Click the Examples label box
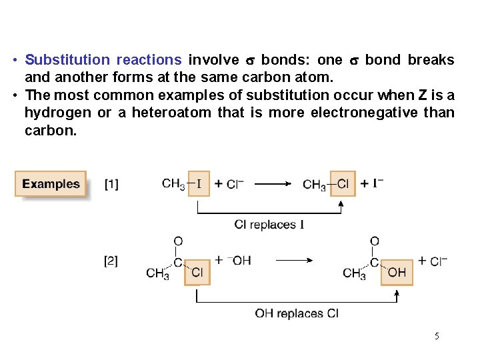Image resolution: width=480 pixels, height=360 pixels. (x=51, y=184)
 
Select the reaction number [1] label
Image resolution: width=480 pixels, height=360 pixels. (x=111, y=183)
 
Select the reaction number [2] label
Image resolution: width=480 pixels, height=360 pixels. (x=111, y=261)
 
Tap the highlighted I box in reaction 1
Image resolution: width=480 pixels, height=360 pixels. (x=199, y=183)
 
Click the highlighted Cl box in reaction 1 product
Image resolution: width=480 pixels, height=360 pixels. (x=343, y=183)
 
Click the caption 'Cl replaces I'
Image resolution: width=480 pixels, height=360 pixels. (x=269, y=225)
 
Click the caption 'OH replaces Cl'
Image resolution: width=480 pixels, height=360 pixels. (x=297, y=313)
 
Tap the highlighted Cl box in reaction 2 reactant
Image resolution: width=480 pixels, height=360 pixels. (x=197, y=272)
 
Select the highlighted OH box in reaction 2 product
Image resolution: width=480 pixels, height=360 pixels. (x=396, y=272)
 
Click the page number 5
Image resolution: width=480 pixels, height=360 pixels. (x=437, y=336)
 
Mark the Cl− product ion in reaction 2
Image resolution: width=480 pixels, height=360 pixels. (x=437, y=261)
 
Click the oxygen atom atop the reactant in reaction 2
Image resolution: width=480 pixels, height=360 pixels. (x=178, y=241)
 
